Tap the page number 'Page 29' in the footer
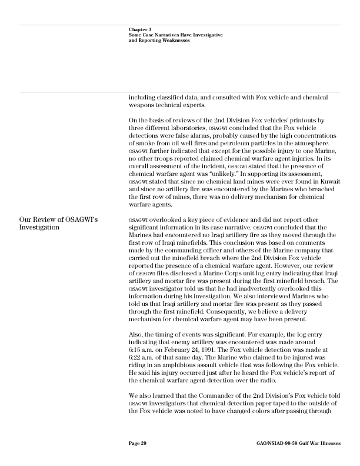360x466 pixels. click(x=138, y=443)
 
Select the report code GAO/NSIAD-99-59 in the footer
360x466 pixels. click(x=280, y=443)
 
